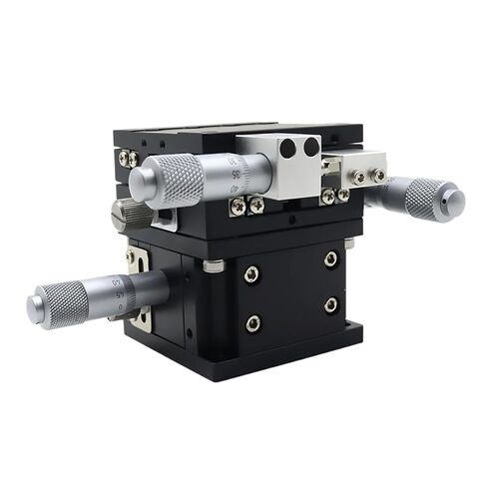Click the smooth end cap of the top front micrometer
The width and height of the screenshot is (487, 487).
click(140, 183)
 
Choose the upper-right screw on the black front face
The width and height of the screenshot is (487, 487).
click(330, 258)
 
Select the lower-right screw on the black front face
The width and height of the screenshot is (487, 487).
click(330, 305)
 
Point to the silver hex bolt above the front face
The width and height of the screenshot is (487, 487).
click(213, 265)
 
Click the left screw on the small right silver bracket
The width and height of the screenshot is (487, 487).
click(360, 178)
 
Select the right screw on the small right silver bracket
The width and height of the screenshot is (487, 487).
click(378, 175)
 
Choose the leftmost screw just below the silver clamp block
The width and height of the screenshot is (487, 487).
click(239, 208)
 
